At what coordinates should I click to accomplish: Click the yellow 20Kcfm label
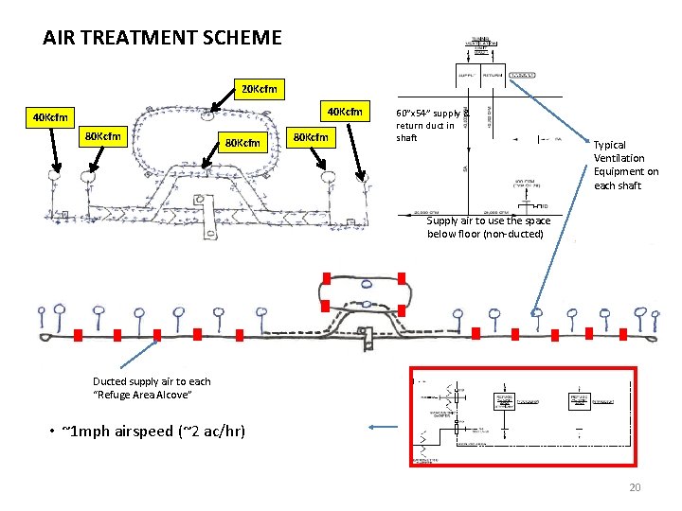click(259, 89)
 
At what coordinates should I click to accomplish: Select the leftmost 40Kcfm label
click(49, 118)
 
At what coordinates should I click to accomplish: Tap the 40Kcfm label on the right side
click(343, 112)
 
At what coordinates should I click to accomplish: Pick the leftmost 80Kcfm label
click(102, 136)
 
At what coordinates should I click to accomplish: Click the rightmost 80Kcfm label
click(311, 137)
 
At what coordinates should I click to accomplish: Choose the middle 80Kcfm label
click(242, 144)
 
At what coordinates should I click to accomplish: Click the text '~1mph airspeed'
click(113, 432)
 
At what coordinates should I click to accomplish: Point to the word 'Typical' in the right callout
click(609, 145)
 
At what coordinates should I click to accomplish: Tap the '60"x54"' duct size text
click(413, 113)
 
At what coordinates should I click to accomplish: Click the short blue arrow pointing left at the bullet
click(384, 427)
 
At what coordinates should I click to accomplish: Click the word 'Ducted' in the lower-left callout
click(109, 381)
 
